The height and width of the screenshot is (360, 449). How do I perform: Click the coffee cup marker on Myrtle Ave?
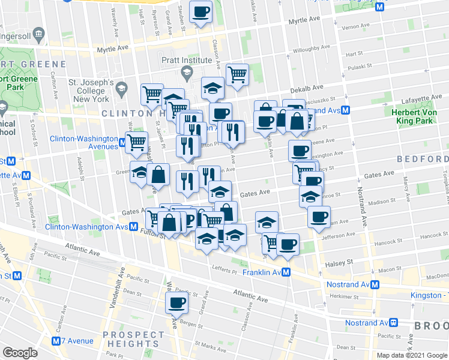(x=200, y=11)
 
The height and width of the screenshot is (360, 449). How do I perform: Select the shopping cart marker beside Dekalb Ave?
(x=238, y=75)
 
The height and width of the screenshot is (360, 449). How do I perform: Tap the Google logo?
(x=20, y=352)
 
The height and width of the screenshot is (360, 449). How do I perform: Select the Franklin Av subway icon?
(x=286, y=272)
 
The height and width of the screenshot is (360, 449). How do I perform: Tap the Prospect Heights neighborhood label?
(x=133, y=339)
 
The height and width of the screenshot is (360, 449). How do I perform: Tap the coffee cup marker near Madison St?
(x=319, y=217)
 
